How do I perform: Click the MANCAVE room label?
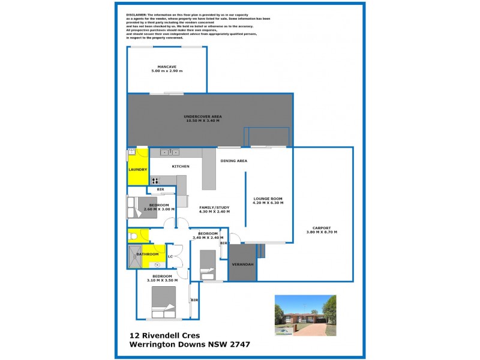point(166,66)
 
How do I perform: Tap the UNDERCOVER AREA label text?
point(203,116)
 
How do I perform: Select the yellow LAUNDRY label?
point(137,169)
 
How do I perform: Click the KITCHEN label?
point(181,166)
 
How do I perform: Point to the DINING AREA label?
point(234,161)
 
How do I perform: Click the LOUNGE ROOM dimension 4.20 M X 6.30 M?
point(268,203)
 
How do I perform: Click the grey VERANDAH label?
point(242,264)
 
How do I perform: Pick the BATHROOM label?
point(146,254)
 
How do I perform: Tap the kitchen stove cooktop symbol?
point(155,180)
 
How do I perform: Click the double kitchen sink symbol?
point(170,152)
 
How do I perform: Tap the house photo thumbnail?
point(305,315)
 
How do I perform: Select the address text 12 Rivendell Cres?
point(165,335)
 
